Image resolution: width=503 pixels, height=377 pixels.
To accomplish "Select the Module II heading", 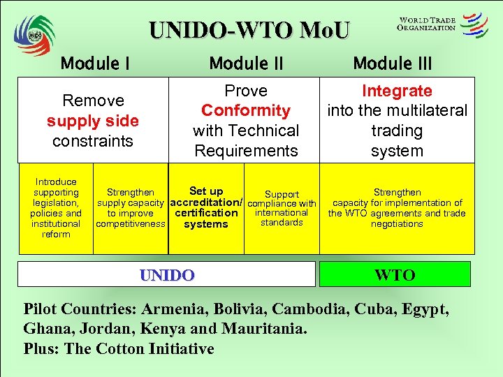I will [246, 64].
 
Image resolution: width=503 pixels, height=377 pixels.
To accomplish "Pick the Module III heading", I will [393, 64].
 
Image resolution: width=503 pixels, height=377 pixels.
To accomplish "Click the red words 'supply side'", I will [93, 121].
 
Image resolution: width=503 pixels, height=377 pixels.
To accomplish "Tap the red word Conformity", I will [246, 110].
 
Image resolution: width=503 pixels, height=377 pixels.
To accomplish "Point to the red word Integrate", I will [397, 91].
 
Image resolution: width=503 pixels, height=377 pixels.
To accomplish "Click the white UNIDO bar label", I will [167, 275].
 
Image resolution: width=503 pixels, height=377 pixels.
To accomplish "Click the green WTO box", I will [395, 274].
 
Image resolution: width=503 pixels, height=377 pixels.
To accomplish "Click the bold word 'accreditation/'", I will [206, 202].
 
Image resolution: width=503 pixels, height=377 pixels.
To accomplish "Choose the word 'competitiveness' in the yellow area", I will [131, 224].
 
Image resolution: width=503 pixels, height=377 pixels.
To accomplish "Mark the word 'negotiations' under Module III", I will [397, 224].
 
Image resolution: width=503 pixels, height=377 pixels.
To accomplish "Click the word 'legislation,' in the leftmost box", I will [56, 202].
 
